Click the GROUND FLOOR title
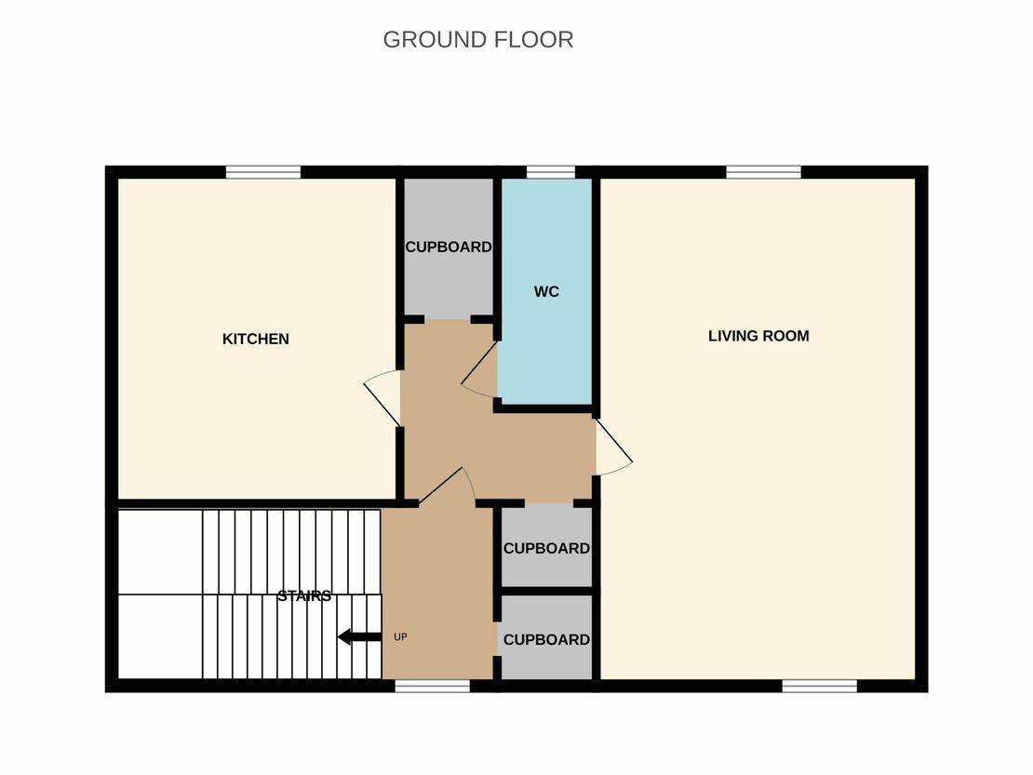(477, 39)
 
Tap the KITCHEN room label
(256, 339)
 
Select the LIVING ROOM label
(758, 336)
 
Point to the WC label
(546, 292)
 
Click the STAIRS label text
(304, 595)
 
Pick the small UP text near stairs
(400, 636)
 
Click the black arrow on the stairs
(360, 636)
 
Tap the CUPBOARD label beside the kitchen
(448, 247)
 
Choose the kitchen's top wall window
(263, 172)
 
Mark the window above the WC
(551, 172)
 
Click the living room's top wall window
(763, 172)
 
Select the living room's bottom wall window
(820, 686)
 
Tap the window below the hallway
(432, 686)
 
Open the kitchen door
(382, 397)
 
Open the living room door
(614, 447)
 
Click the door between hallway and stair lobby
(448, 486)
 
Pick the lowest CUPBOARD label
(546, 640)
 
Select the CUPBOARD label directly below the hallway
(546, 549)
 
